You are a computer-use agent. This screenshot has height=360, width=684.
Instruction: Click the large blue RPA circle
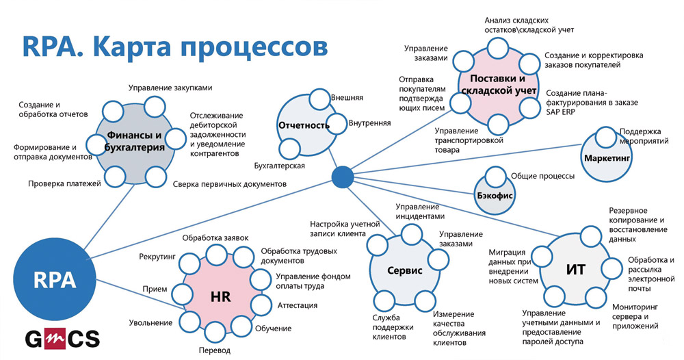coord(55,280)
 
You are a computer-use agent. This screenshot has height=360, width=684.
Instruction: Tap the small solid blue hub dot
coord(343,177)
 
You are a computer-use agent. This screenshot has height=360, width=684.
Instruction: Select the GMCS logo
coord(62,339)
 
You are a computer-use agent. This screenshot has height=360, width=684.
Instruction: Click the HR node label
coord(220,297)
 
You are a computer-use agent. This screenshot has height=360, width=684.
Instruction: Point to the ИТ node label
coord(575,269)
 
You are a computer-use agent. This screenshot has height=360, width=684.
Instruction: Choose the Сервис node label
coord(405,270)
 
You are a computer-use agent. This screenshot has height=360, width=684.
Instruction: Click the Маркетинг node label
coord(607,158)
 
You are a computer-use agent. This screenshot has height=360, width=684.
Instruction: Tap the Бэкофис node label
coord(495,196)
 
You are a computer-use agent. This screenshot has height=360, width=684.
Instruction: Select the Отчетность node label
coord(304,126)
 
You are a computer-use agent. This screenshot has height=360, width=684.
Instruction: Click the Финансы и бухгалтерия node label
coord(135,141)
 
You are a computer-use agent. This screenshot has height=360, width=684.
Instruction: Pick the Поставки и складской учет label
coord(498,85)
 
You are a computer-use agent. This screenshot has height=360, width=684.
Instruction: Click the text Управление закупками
coord(170,88)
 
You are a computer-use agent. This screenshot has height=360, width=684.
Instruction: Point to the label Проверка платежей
coord(64,183)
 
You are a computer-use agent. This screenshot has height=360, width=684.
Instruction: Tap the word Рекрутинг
coord(157,257)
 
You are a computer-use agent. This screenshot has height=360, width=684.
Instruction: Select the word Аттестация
coord(298,305)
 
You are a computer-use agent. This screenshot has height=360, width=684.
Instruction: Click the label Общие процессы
coord(542,177)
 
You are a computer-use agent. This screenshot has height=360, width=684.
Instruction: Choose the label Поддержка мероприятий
coord(644,136)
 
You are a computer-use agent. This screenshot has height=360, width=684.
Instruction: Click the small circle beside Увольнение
coord(189,322)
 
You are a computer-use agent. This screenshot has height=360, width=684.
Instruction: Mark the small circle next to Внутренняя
coord(336,123)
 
